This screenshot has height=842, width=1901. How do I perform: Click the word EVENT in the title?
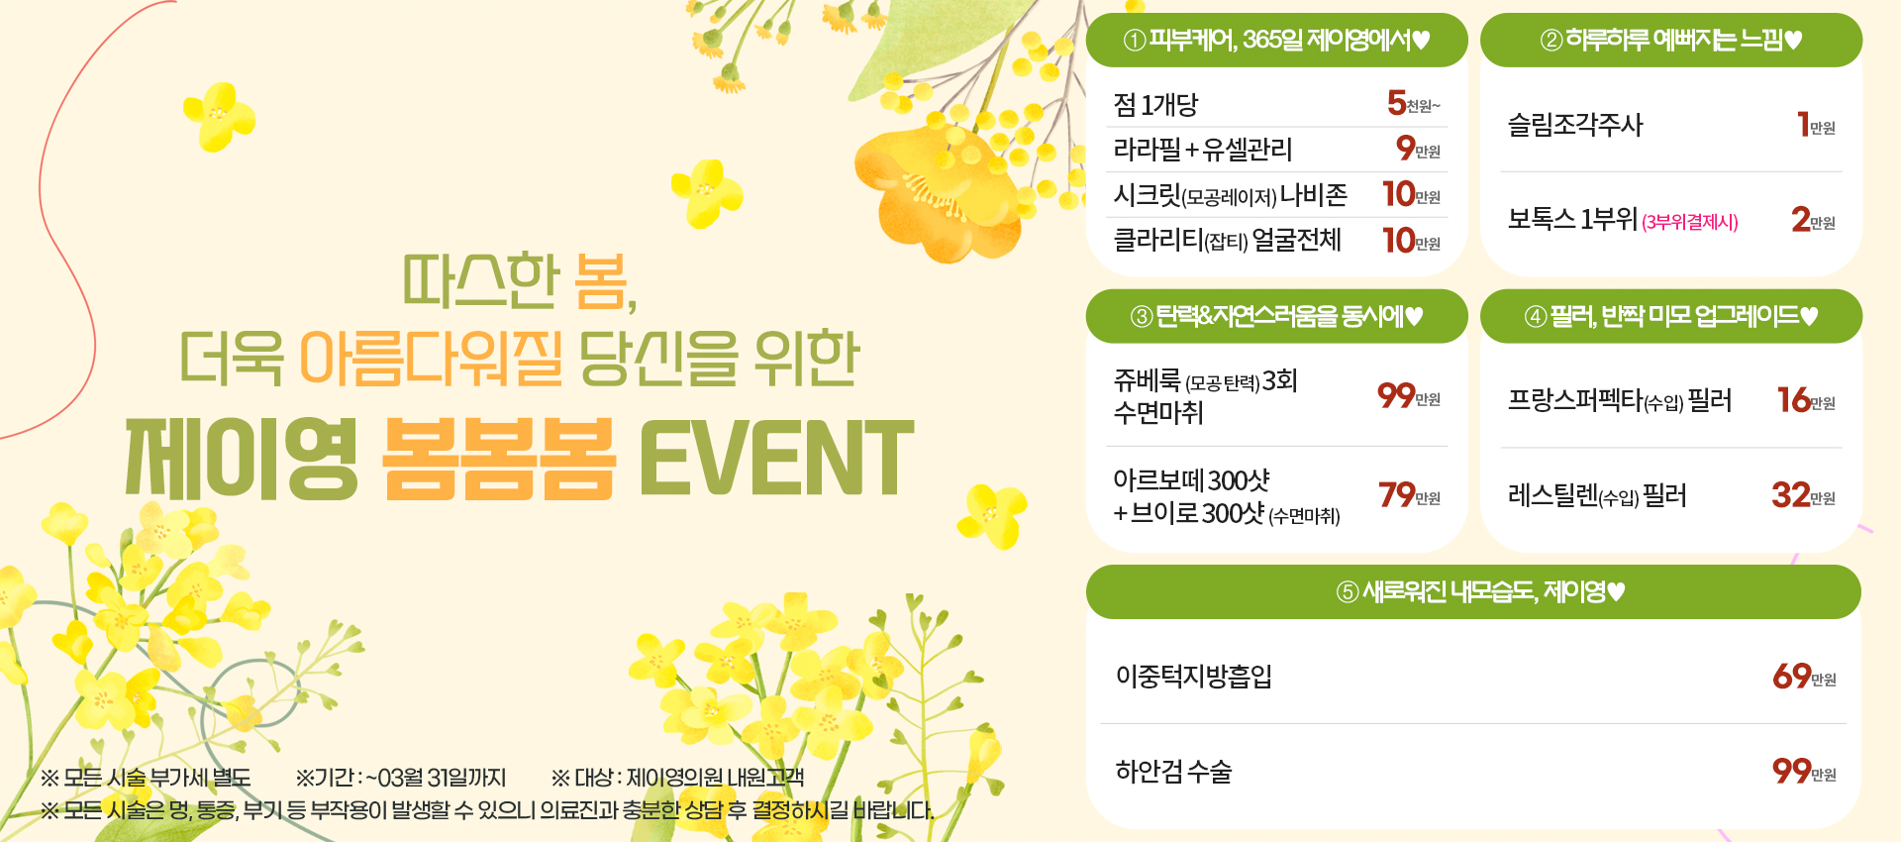[x=776, y=458]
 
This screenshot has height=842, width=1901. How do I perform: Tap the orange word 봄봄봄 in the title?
[x=499, y=458]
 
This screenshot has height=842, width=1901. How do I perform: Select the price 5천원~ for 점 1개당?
[x=1414, y=103]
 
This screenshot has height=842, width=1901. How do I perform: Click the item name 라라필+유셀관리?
[x=1203, y=150]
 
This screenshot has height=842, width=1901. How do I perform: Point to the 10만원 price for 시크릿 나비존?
[x=1412, y=193]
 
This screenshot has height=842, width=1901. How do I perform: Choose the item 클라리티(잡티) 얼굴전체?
[x=1228, y=240]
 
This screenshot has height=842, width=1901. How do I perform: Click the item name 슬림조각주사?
[x=1575, y=125]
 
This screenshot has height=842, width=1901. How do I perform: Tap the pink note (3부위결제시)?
[x=1690, y=222]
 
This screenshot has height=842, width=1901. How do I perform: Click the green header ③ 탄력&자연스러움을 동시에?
[x=1276, y=316]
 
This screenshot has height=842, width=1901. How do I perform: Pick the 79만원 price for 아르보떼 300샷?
[x=1410, y=494]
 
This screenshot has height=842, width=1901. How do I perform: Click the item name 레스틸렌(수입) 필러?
[x=1597, y=495]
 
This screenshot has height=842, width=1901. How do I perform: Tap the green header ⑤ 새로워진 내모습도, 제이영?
[x=1473, y=592]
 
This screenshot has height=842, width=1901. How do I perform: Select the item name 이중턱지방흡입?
[x=1194, y=676]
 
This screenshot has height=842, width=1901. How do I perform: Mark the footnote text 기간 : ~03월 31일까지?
[x=401, y=778]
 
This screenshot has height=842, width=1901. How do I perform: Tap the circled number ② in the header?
[x=1551, y=41]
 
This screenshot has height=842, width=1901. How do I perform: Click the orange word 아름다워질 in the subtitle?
[x=431, y=358]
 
